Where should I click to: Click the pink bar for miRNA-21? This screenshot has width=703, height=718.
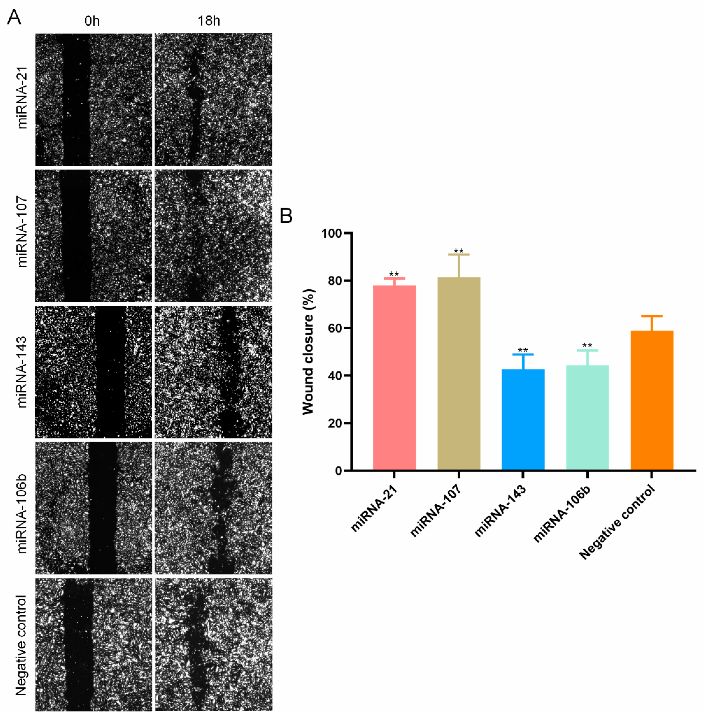click(394, 377)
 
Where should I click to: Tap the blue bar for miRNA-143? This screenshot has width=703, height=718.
click(523, 419)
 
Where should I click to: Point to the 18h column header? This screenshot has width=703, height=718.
click(209, 21)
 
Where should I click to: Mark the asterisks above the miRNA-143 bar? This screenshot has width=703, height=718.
click(523, 350)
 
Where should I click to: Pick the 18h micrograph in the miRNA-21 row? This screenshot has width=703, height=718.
click(213, 100)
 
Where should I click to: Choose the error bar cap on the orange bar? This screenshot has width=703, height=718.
click(652, 316)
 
